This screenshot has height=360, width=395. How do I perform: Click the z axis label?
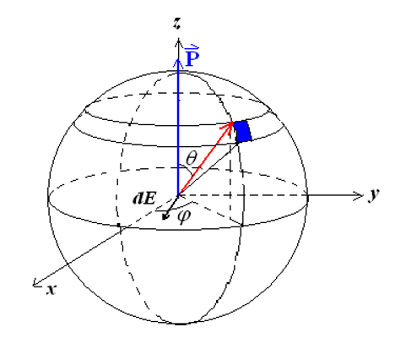tap(177, 25)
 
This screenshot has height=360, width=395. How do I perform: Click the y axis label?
tap(372, 194)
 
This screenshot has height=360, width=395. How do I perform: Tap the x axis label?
tap(51, 288)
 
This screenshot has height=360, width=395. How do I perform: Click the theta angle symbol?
tap(192, 157)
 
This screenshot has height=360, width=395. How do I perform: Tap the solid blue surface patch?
tap(243, 132)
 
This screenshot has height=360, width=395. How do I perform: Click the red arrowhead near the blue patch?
tap(229, 128)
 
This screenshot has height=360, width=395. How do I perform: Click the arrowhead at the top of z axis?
tap(177, 38)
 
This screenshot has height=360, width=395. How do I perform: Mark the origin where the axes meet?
tap(177, 194)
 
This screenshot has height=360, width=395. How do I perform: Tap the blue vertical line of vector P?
tap(177, 127)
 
